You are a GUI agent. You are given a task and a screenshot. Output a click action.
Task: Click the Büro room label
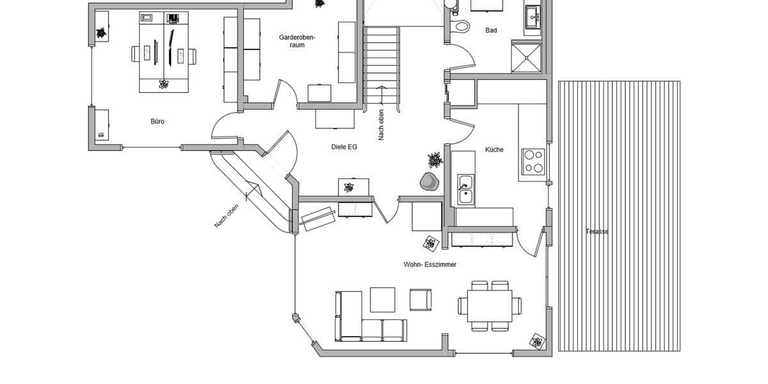pyautogui.click(x=157, y=121)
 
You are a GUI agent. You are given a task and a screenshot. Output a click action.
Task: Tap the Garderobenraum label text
pyautogui.click(x=297, y=41)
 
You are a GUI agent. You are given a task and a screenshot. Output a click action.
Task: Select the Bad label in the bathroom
pyautogui.click(x=491, y=30)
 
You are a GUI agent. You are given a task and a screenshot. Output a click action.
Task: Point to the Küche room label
pyautogui.click(x=494, y=150)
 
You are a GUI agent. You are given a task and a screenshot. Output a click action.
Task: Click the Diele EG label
pyautogui.click(x=344, y=147)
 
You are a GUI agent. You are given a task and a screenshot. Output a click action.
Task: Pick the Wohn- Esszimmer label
pyautogui.click(x=429, y=264)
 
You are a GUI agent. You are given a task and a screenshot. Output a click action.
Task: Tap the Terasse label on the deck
pyautogui.click(x=596, y=232)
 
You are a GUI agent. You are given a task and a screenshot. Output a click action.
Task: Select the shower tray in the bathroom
pyautogui.click(x=526, y=58)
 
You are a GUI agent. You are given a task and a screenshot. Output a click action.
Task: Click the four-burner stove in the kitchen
pyautogui.click(x=533, y=161)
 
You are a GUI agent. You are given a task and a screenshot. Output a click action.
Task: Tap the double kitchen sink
pyautogui.click(x=465, y=189)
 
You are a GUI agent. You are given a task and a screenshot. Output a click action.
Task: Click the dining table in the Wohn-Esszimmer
pyautogui.click(x=490, y=306)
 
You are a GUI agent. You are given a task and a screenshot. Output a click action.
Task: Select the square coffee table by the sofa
pyautogui.click(x=383, y=300)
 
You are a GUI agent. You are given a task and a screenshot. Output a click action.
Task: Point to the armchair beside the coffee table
pyautogui.click(x=420, y=300)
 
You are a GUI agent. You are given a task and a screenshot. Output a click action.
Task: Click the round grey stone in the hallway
pyautogui.click(x=429, y=182)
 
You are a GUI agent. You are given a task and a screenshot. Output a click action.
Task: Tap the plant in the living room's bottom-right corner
pyautogui.click(x=537, y=341)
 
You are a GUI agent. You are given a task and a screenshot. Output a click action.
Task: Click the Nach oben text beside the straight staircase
pyautogui.click(x=381, y=125)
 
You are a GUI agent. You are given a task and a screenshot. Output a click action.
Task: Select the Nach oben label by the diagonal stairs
pyautogui.click(x=227, y=216)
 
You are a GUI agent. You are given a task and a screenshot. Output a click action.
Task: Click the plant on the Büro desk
pyautogui.click(x=163, y=84)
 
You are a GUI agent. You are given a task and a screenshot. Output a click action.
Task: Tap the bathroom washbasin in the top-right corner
pyautogui.click(x=532, y=17)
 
